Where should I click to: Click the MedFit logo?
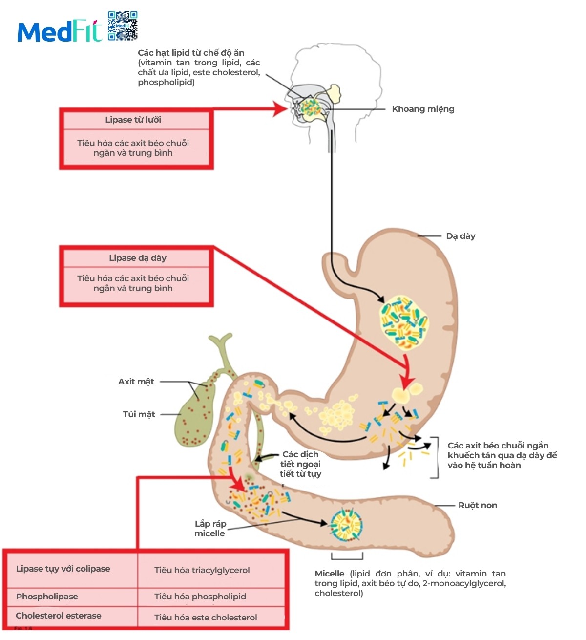(60, 31)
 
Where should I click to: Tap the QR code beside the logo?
(123, 25)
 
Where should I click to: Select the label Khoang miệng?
(423, 109)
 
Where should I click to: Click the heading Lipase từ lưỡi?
(133, 120)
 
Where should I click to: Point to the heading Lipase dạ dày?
(137, 258)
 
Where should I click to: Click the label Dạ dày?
(460, 236)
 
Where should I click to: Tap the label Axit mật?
(136, 382)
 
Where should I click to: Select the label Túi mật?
(139, 414)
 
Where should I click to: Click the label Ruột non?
(478, 505)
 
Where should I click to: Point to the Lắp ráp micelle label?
(210, 529)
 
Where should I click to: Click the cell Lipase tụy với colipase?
(63, 569)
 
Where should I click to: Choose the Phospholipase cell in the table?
(47, 597)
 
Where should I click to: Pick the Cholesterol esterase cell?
(59, 616)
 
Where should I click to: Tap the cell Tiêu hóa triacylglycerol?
(202, 570)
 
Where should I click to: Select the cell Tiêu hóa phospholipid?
(200, 597)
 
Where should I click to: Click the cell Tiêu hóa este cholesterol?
(206, 618)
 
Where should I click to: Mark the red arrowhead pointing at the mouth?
(280, 109)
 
